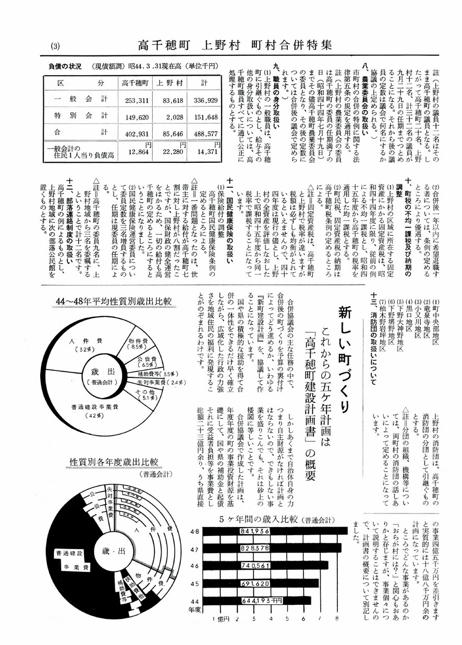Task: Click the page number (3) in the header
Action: pos(56,46)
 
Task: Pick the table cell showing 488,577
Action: pos(204,133)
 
